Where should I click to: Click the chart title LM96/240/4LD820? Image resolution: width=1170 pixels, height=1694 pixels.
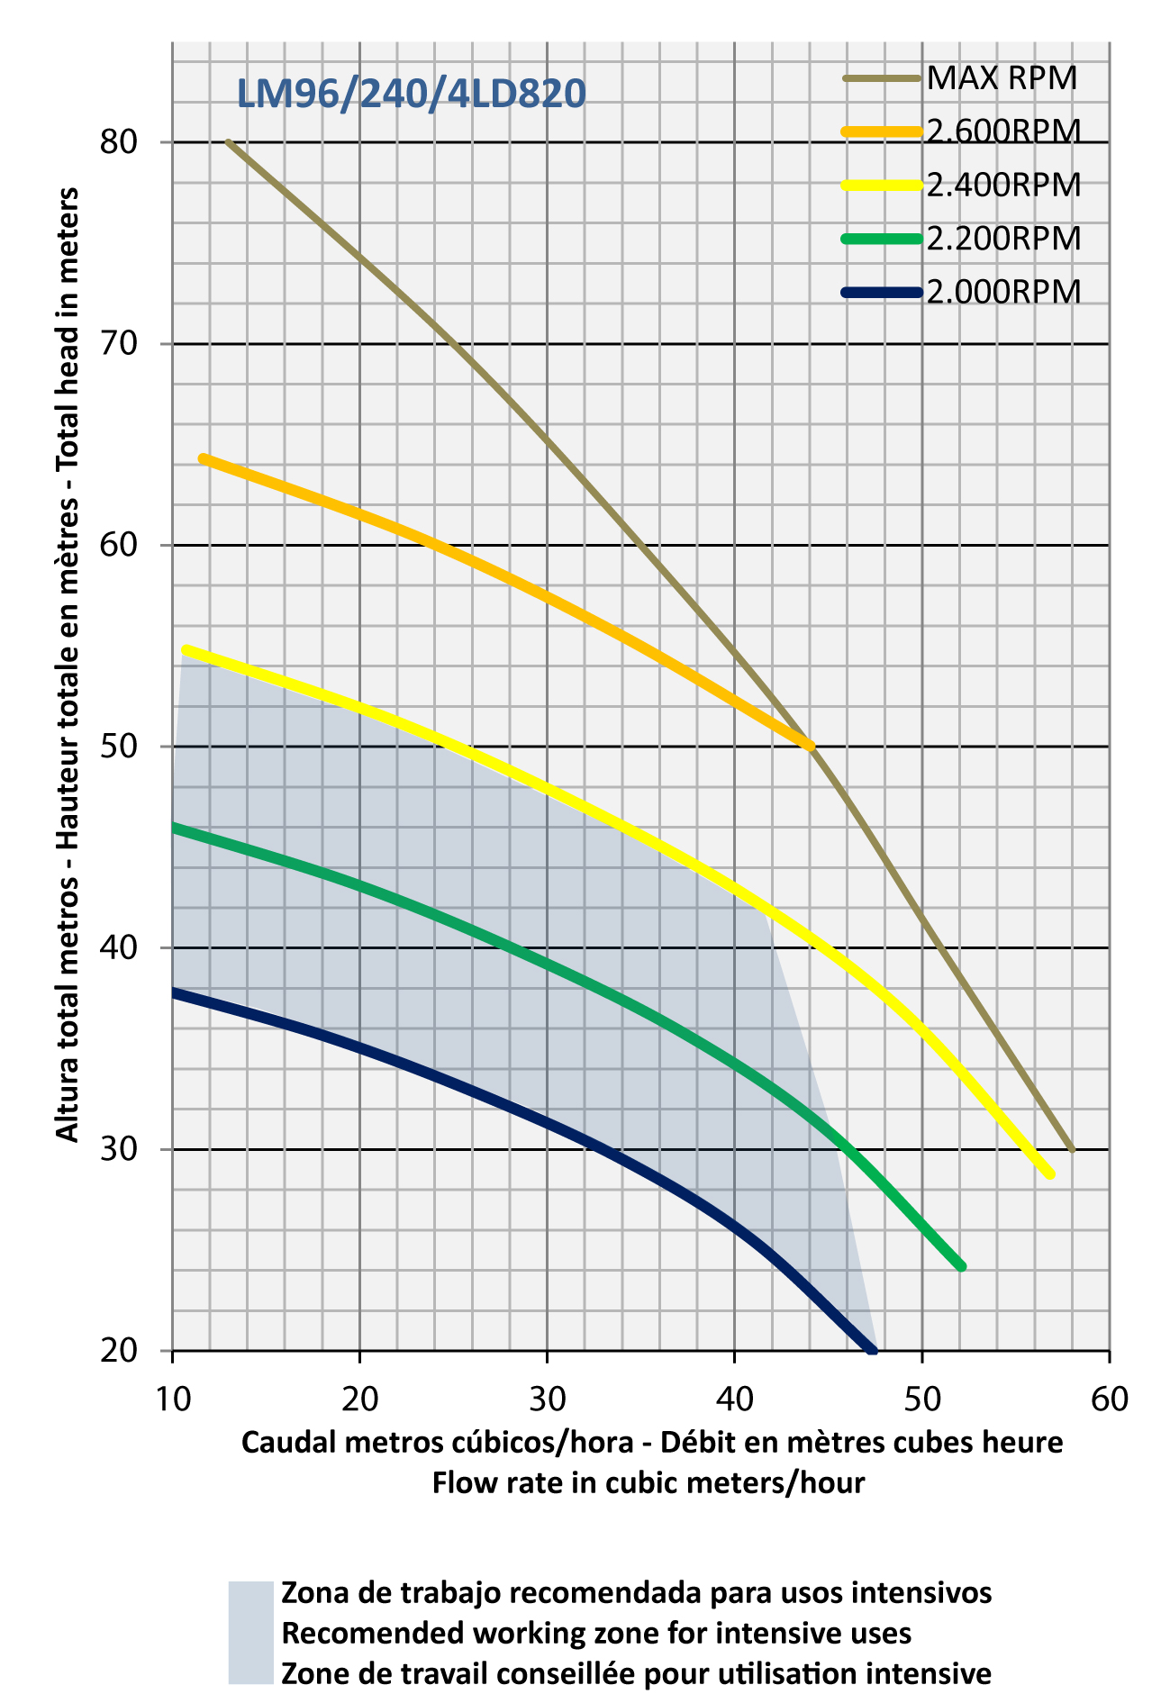tap(411, 94)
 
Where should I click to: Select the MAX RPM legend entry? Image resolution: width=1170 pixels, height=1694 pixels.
tap(1002, 78)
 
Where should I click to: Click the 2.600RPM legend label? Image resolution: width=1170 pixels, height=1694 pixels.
tap(1003, 131)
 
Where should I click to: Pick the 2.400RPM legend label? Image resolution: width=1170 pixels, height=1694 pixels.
tap(1003, 185)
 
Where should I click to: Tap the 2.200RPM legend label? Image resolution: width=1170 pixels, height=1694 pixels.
tap(1003, 239)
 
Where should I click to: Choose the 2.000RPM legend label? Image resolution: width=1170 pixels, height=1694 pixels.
tap(1003, 292)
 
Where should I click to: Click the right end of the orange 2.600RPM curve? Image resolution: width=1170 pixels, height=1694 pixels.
tap(810, 746)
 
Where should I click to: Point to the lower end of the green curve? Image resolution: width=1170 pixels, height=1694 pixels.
tap(961, 1266)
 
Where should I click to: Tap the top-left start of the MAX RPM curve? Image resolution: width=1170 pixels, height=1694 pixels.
tap(229, 142)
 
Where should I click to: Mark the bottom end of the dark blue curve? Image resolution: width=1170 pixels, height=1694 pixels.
tap(872, 1350)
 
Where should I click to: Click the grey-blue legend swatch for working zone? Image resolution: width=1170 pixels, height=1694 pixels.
tap(250, 1632)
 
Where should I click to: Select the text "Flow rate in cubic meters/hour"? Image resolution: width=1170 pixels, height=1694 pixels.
tap(648, 1482)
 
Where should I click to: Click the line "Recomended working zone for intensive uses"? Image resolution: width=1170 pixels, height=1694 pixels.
tap(596, 1633)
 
